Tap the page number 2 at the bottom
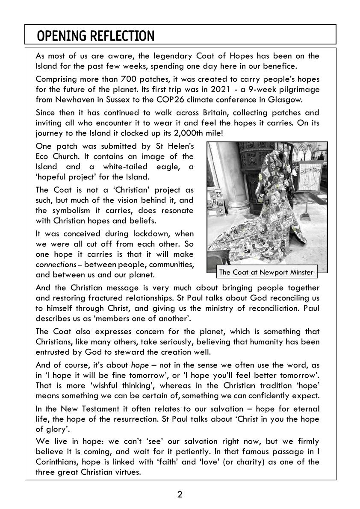[x=180, y=494]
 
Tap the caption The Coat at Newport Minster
[x=266, y=272]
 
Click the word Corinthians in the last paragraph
[x=58, y=462]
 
